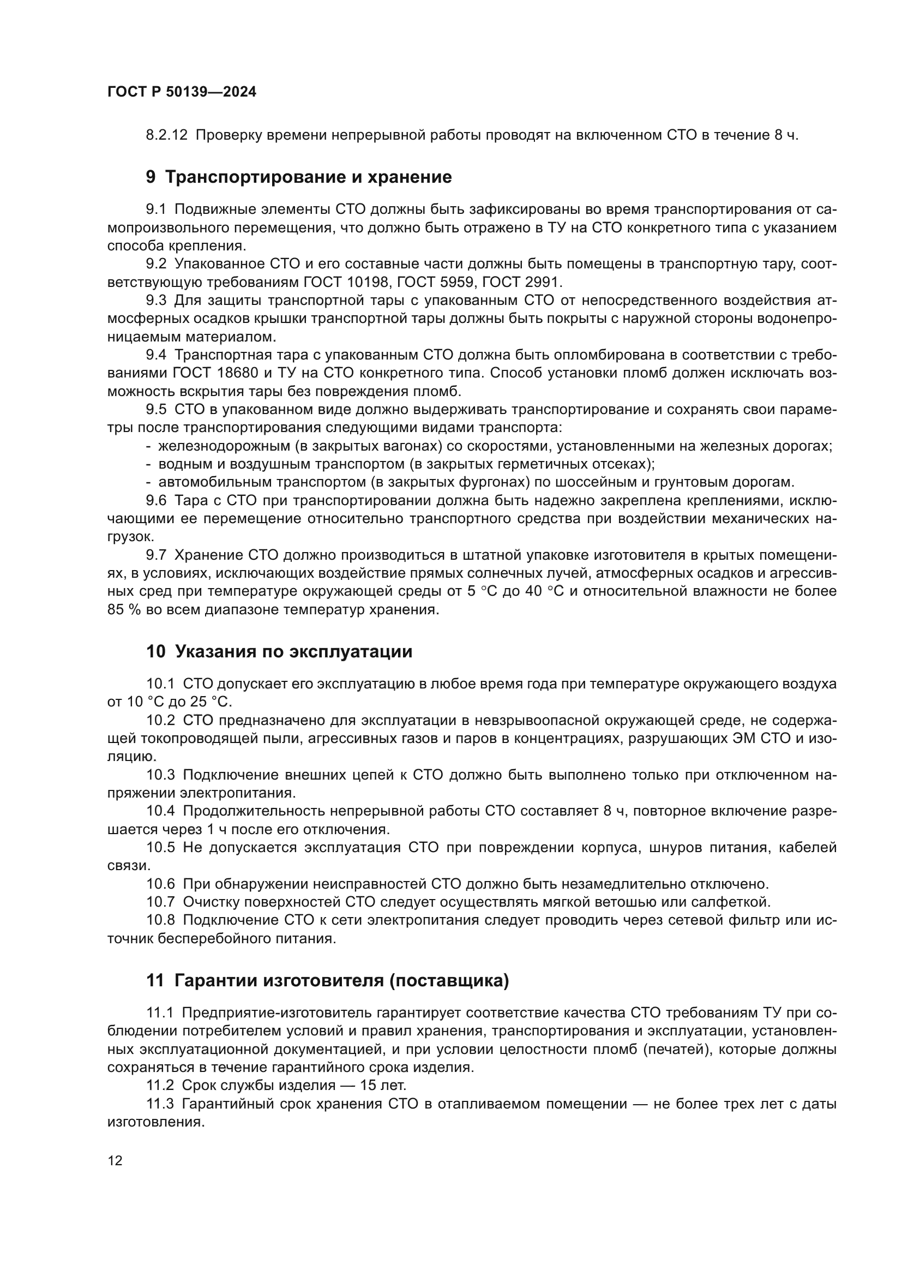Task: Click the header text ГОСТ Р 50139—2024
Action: pyautogui.click(x=182, y=92)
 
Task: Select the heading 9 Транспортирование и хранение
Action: pyautogui.click(x=299, y=177)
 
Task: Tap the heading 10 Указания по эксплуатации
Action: pyautogui.click(x=279, y=651)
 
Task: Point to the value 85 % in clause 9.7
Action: pyautogui.click(x=124, y=610)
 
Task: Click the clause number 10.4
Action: pyautogui.click(x=160, y=811)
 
